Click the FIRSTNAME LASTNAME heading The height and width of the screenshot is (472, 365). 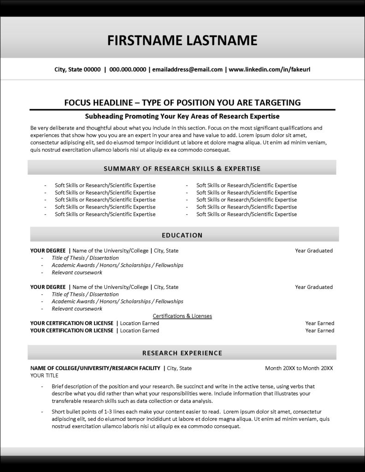coord(182,40)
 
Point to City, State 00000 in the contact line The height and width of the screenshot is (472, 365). coord(77,70)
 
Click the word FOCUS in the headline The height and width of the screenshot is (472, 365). coord(79,102)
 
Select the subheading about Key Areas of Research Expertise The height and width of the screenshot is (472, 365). coord(182,116)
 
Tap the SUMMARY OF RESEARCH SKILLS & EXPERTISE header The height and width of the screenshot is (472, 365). coord(182,169)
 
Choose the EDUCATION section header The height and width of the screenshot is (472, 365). coord(182,235)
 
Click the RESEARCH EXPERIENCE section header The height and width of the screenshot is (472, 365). coord(182,353)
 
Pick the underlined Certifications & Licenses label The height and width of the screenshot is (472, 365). coord(182,316)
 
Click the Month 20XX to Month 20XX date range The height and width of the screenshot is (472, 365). coord(299,368)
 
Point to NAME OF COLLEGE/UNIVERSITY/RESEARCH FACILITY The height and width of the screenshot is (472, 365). coord(95,368)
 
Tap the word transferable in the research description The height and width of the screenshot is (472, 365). coord(67,401)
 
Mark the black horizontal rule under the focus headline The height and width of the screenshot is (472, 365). coord(182,110)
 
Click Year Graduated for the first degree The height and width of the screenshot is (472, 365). coord(314,251)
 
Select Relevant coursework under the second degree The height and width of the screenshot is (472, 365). coord(77,309)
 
